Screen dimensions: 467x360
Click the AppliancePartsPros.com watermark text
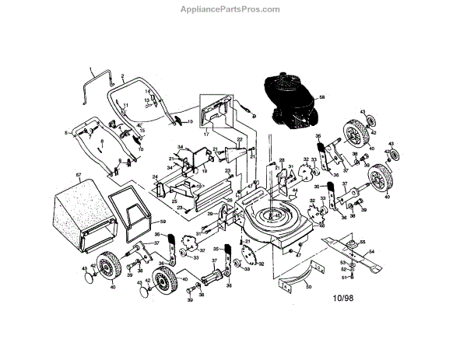click(233, 9)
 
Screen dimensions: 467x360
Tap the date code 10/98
click(343, 296)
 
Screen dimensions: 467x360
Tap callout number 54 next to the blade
click(371, 252)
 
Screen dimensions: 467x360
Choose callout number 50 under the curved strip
click(309, 287)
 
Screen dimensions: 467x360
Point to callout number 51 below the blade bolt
click(344, 278)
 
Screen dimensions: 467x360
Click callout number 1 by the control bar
click(91, 69)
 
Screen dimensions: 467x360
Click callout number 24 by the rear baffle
click(155, 177)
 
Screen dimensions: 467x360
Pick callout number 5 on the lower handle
click(67, 133)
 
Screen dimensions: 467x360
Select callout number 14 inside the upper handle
click(147, 92)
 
